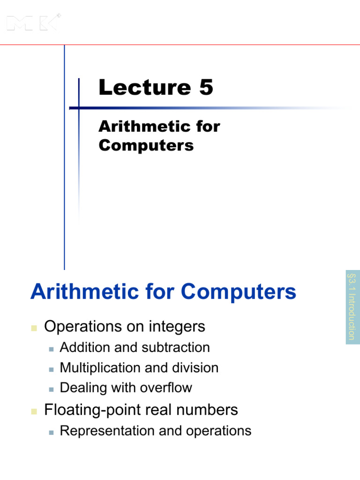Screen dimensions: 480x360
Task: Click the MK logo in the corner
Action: click(33, 22)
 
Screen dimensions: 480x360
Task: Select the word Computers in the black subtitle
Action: click(146, 145)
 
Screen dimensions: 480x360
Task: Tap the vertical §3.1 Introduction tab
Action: click(352, 307)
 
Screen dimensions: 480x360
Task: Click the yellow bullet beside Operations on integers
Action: click(34, 328)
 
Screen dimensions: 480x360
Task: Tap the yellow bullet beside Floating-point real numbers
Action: click(34, 411)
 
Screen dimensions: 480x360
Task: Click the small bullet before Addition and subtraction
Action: click(51, 348)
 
